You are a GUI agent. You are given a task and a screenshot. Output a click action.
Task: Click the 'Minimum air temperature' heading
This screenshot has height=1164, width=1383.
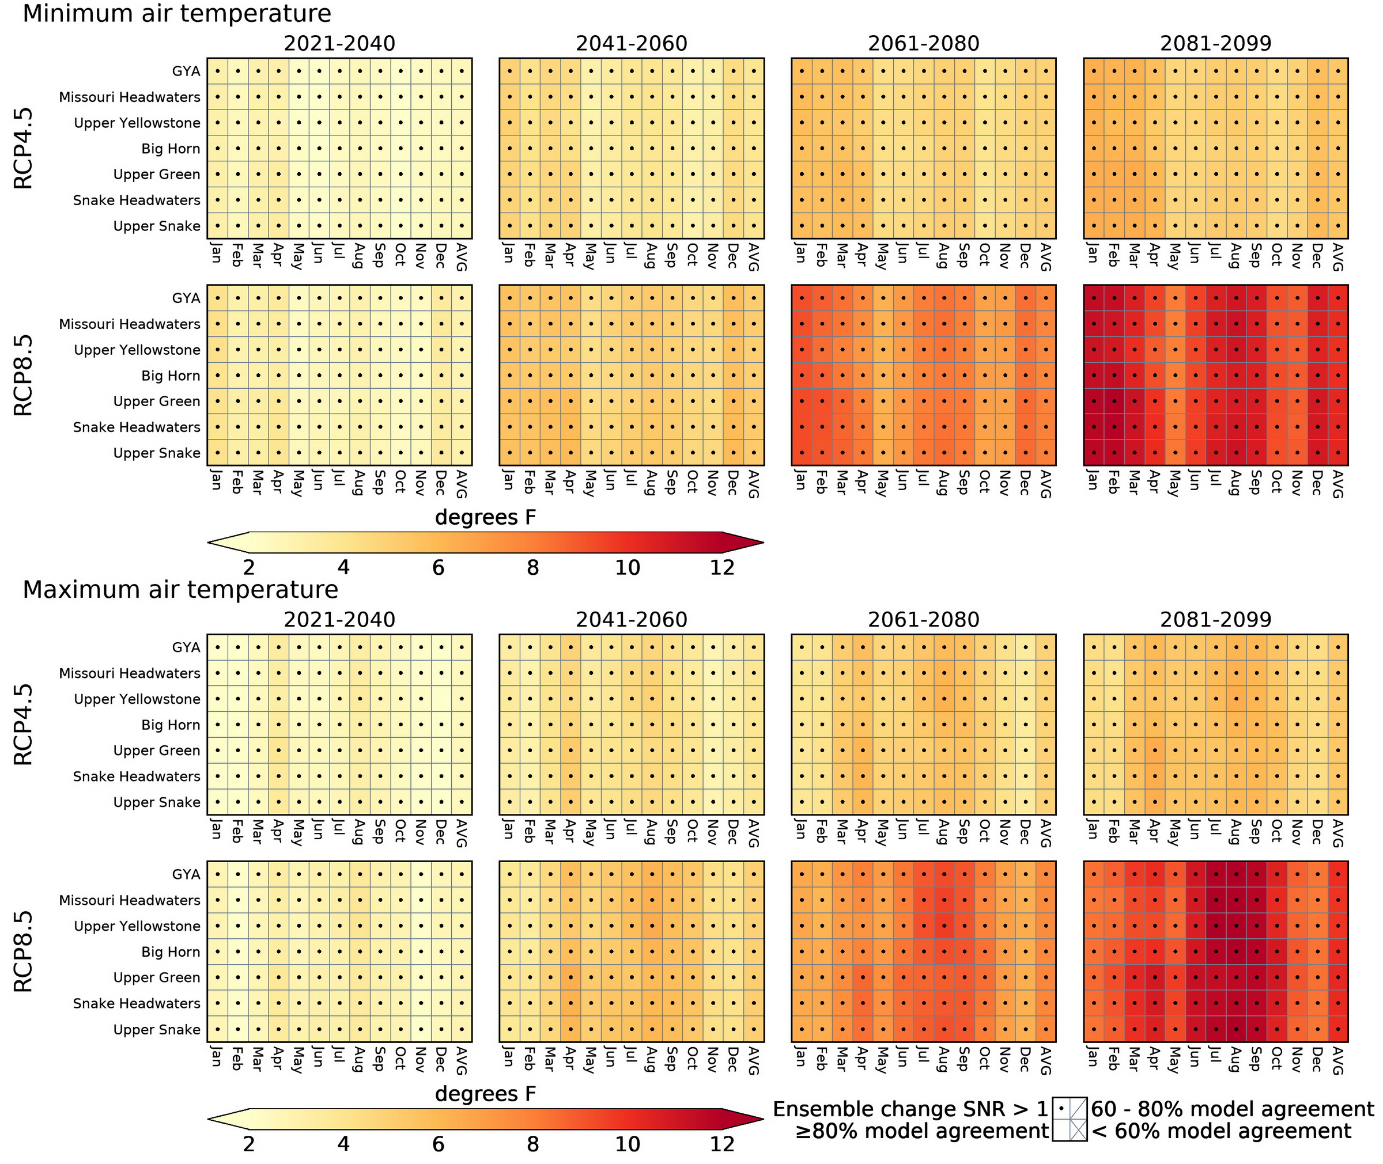[x=177, y=14]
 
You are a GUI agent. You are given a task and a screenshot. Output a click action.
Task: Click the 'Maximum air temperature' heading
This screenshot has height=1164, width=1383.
[x=180, y=589]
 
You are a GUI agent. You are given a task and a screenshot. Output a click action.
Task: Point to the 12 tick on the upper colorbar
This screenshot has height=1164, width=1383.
[x=721, y=567]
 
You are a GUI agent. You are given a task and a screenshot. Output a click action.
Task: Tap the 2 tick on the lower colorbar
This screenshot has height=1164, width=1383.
[x=249, y=1143]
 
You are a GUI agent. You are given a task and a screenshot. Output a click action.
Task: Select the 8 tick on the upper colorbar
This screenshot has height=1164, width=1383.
[x=532, y=567]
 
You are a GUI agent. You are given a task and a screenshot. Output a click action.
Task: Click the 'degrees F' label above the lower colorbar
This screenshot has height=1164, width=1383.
[x=485, y=1094]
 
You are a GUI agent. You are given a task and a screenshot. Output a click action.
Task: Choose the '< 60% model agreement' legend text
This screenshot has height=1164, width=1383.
[x=1221, y=1131]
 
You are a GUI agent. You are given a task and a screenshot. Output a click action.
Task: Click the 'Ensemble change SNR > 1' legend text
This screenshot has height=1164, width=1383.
[x=910, y=1109]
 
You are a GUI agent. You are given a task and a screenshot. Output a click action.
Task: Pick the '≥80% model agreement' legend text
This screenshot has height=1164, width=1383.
[x=921, y=1131]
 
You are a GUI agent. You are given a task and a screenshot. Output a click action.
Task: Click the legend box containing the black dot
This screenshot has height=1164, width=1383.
[x=1061, y=1109]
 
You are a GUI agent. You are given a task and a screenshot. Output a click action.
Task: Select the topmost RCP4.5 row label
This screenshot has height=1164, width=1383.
[x=24, y=149]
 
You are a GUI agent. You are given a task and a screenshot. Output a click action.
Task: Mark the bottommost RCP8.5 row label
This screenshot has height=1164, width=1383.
[x=24, y=951]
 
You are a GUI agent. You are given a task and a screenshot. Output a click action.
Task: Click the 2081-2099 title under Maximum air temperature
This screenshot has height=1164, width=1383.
[x=1215, y=620]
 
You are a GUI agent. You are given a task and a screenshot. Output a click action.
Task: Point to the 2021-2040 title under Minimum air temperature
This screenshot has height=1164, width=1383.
[x=339, y=44]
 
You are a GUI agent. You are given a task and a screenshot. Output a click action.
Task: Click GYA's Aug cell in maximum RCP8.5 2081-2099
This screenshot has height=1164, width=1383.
[x=1236, y=874]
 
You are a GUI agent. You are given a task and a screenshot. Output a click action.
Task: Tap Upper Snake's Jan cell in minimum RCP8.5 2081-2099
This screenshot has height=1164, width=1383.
[x=1094, y=453]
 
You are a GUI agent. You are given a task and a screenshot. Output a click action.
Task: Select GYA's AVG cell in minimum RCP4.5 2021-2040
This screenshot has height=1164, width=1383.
[x=462, y=71]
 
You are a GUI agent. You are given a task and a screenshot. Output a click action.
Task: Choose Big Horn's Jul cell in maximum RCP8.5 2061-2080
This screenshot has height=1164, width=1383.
[x=924, y=951]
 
